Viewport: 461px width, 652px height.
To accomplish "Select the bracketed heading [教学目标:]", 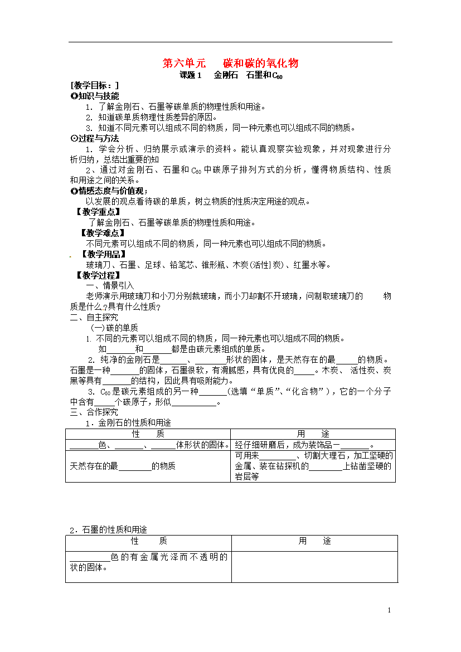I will pyautogui.click(x=94, y=86).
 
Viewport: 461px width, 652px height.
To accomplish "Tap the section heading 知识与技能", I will pyautogui.click(x=98, y=96).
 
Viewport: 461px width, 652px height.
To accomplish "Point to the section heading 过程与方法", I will pyautogui.click(x=98, y=138).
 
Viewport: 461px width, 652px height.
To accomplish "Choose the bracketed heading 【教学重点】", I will pyautogui.click(x=98, y=212).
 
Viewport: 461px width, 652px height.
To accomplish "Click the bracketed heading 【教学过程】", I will pyautogui.click(x=98, y=275).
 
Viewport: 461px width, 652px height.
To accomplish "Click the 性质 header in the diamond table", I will pyautogui.click(x=148, y=434).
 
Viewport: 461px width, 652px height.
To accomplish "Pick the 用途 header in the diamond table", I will pyautogui.click(x=313, y=434).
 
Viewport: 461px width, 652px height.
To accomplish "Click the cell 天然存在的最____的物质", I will pyautogui.click(x=123, y=466).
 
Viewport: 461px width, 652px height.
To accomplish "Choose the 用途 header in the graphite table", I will pyautogui.click(x=314, y=541).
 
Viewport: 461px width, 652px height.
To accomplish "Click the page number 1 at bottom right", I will pyautogui.click(x=389, y=611).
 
